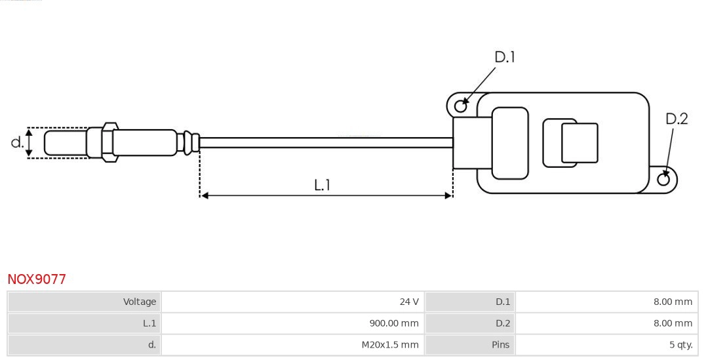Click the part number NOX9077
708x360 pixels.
click(37, 279)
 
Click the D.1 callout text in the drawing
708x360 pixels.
click(504, 58)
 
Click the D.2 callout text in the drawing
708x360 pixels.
click(677, 119)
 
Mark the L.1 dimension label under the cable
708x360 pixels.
click(321, 185)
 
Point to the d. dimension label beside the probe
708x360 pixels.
click(17, 142)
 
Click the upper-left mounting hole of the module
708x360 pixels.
click(461, 105)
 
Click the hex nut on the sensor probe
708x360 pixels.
click(109, 141)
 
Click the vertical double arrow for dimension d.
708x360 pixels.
click(29, 143)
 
